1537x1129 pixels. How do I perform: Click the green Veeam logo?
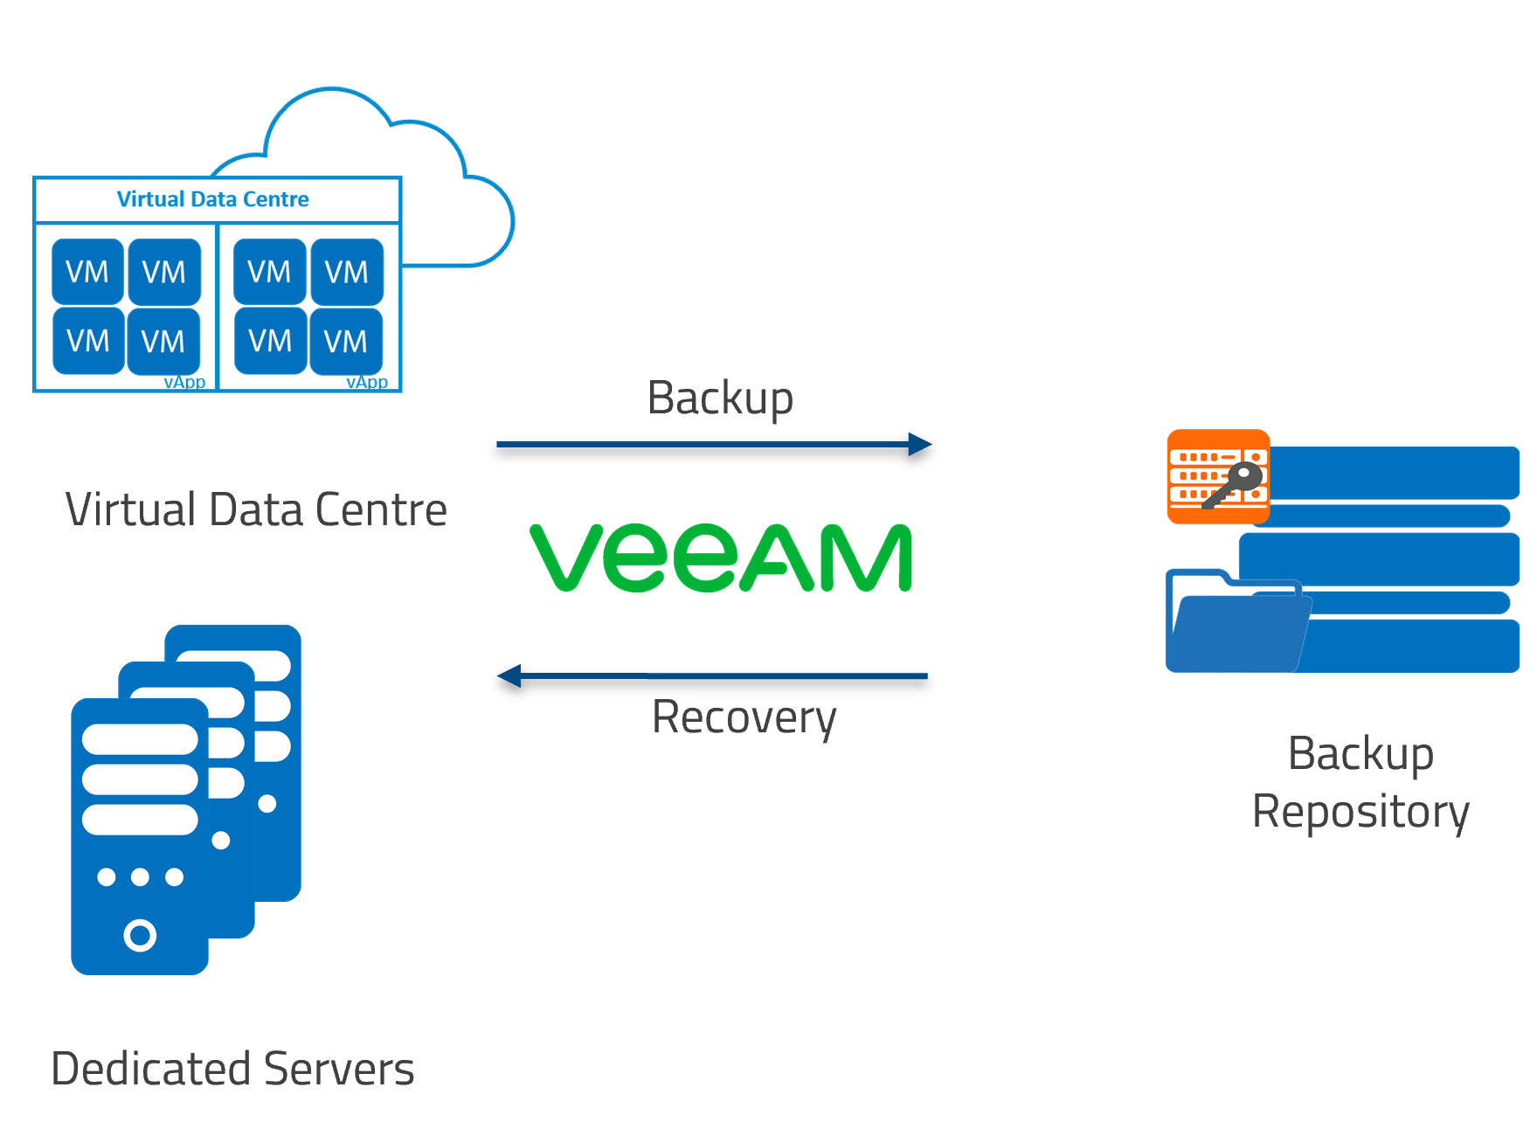pyautogui.click(x=721, y=558)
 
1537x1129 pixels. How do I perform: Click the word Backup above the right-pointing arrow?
pyautogui.click(x=720, y=398)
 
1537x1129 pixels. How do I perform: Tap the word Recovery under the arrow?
pyautogui.click(x=744, y=717)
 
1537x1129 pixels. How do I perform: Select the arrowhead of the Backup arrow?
pyautogui.click(x=919, y=445)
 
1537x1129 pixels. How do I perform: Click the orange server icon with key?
pyautogui.click(x=1218, y=476)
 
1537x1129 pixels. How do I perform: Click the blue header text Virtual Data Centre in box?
pyautogui.click(x=212, y=199)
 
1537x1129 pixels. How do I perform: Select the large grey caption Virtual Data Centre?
pyautogui.click(x=256, y=509)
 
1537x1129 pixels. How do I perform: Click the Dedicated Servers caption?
pyautogui.click(x=232, y=1069)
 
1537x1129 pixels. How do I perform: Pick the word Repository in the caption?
pyautogui.click(x=1360, y=812)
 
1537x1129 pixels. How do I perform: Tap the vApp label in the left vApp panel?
pyautogui.click(x=184, y=383)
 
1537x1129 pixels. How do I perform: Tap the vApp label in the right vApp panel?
pyautogui.click(x=367, y=383)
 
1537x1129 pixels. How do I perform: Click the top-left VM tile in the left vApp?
pyautogui.click(x=87, y=272)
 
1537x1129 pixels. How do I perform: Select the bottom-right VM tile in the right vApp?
pyautogui.click(x=346, y=341)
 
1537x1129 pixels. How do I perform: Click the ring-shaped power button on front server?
pyautogui.click(x=140, y=935)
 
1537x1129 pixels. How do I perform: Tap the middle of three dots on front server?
pyautogui.click(x=140, y=876)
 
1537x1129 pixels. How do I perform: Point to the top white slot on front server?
pyautogui.click(x=140, y=739)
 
